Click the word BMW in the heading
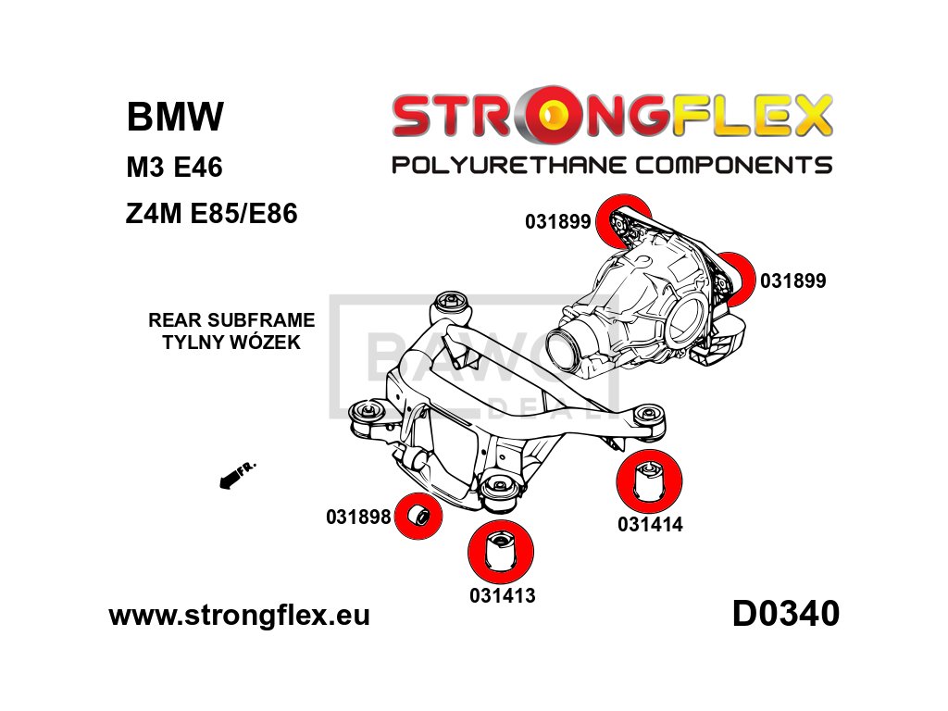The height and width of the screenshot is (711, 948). [x=175, y=118]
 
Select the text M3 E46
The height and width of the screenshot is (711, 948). [x=174, y=168]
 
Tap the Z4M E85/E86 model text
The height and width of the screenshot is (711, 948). [x=211, y=216]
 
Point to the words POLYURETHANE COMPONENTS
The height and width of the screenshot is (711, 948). [x=612, y=166]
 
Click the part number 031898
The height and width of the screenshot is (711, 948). [x=358, y=518]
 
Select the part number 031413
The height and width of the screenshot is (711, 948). [x=502, y=595]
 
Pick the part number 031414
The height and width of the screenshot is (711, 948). [x=650, y=525]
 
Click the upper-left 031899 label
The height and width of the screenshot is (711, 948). [x=557, y=222]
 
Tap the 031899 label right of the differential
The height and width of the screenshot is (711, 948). [x=792, y=281]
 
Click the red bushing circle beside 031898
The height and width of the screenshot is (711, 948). [x=418, y=516]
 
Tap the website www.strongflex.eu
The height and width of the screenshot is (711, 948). [x=239, y=616]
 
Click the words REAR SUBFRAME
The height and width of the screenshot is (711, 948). [x=231, y=320]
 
